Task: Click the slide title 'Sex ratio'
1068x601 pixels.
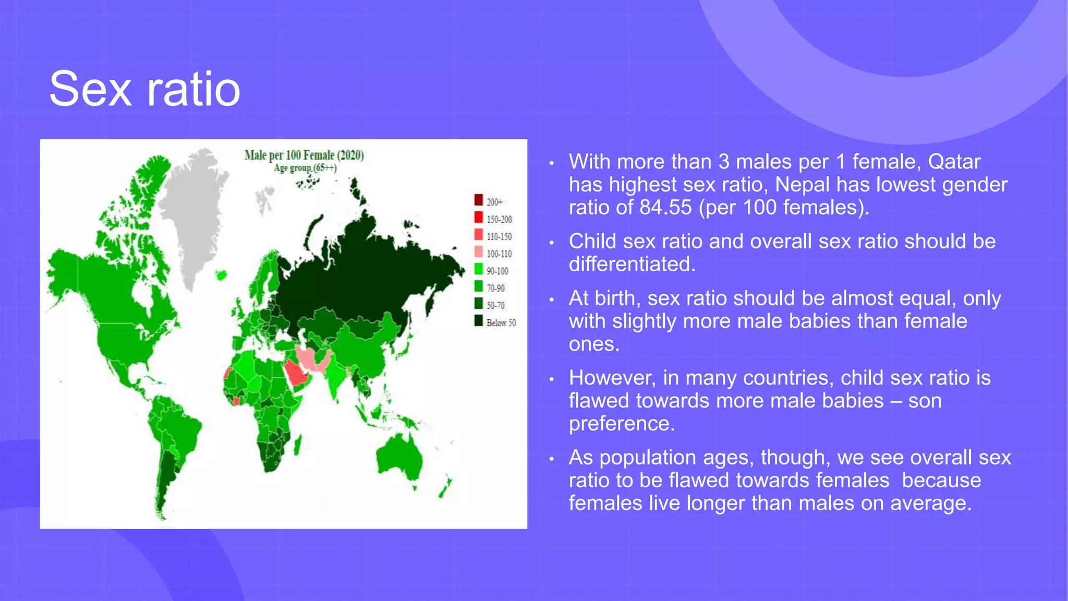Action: click(144, 89)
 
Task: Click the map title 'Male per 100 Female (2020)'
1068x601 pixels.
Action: click(304, 155)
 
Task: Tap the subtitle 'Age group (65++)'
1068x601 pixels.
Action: click(305, 168)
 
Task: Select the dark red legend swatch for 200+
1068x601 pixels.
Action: click(478, 200)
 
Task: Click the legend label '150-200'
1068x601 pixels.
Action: click(499, 219)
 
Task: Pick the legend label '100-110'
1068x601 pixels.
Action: click(499, 254)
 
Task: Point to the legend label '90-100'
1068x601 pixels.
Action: click(497, 271)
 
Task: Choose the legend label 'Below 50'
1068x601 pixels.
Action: click(501, 322)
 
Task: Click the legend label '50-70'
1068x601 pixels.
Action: click(495, 305)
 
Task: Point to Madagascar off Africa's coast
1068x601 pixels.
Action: click(298, 445)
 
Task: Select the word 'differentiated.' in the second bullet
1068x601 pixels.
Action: click(632, 265)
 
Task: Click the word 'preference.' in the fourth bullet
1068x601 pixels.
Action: click(622, 424)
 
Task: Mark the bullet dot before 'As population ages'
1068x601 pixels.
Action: click(551, 459)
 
